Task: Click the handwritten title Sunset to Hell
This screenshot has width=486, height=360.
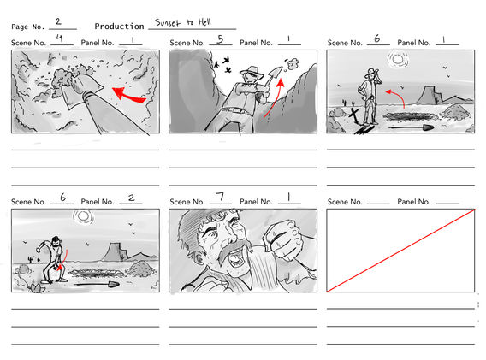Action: click(182, 23)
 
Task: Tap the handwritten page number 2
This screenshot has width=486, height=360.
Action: click(57, 22)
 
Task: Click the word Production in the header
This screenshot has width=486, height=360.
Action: click(119, 27)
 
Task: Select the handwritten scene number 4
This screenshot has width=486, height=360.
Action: click(57, 38)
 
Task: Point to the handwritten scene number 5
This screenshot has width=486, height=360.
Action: click(220, 38)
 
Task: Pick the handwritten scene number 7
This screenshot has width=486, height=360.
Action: click(220, 198)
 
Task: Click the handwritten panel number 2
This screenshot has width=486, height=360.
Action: click(131, 198)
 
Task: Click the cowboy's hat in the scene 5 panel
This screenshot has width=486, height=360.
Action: click(250, 73)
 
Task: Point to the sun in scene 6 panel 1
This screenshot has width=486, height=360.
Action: click(395, 60)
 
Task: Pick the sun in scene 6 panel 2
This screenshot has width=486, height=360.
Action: click(83, 217)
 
